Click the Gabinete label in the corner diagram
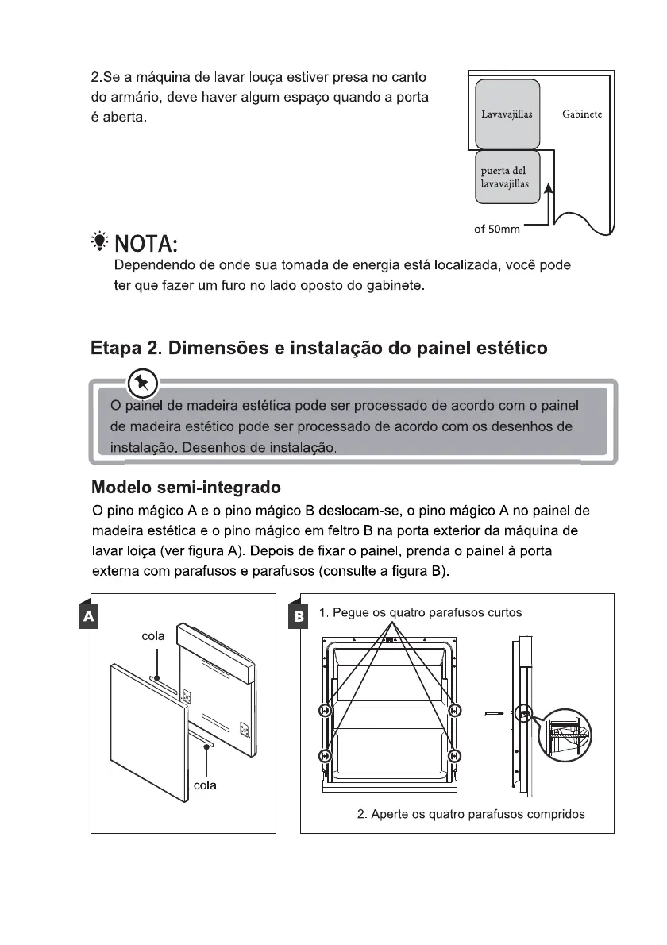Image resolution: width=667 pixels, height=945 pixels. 581,114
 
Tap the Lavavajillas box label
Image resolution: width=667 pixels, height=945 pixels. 507,114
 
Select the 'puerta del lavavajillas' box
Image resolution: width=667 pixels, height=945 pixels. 507,177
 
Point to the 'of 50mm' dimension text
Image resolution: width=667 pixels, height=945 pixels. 496,229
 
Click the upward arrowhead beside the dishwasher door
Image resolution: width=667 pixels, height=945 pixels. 548,189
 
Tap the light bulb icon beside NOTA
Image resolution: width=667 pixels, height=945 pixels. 99,241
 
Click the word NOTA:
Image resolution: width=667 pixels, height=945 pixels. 146,244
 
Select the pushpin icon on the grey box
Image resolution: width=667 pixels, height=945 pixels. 143,382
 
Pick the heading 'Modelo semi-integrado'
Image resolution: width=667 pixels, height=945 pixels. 186,487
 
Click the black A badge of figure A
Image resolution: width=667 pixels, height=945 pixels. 89,616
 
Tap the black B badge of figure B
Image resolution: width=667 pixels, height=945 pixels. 299,616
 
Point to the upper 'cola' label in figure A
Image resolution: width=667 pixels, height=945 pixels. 153,636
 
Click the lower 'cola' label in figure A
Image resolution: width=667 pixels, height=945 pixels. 205,785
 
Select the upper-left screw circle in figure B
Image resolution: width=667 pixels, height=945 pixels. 325,711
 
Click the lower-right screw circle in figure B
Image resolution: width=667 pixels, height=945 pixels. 455,756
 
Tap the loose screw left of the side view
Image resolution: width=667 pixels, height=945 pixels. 493,714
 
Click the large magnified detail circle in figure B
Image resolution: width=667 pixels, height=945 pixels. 565,735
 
